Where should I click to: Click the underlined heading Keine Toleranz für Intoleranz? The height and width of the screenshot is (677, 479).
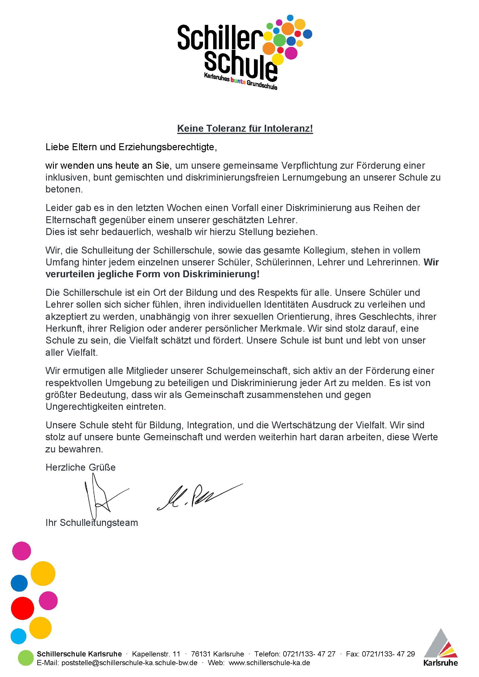pos(245,129)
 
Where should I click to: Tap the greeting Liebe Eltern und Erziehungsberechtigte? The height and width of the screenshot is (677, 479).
pos(131,147)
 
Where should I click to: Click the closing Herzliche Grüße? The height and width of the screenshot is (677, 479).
pos(81,467)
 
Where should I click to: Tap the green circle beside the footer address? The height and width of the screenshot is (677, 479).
pos(26,658)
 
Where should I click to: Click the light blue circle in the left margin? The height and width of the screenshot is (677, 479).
pos(19,636)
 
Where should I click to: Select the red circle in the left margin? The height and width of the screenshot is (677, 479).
pos(22,608)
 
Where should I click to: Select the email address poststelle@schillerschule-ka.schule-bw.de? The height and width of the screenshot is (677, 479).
pos(129,663)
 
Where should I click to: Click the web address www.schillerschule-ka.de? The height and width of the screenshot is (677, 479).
pos(269,663)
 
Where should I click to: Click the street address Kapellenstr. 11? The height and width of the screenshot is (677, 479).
pos(156,654)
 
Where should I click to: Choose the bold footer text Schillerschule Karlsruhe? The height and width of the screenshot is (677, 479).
pos(79,654)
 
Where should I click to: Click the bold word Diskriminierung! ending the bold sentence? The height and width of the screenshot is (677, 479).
pos(221,274)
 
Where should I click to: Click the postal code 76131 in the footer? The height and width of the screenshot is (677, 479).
pos(201,654)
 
